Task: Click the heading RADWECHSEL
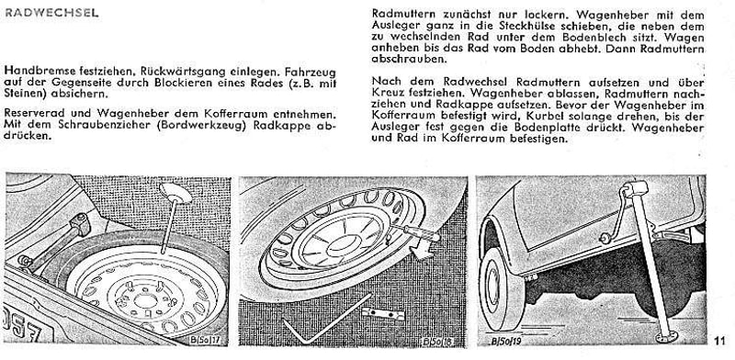[51, 13]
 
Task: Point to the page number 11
[720, 341]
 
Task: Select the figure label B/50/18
[437, 342]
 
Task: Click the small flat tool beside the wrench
[383, 313]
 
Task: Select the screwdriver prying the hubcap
[416, 232]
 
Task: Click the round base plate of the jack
[667, 336]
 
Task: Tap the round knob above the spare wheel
[175, 193]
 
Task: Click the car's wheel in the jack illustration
[500, 288]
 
